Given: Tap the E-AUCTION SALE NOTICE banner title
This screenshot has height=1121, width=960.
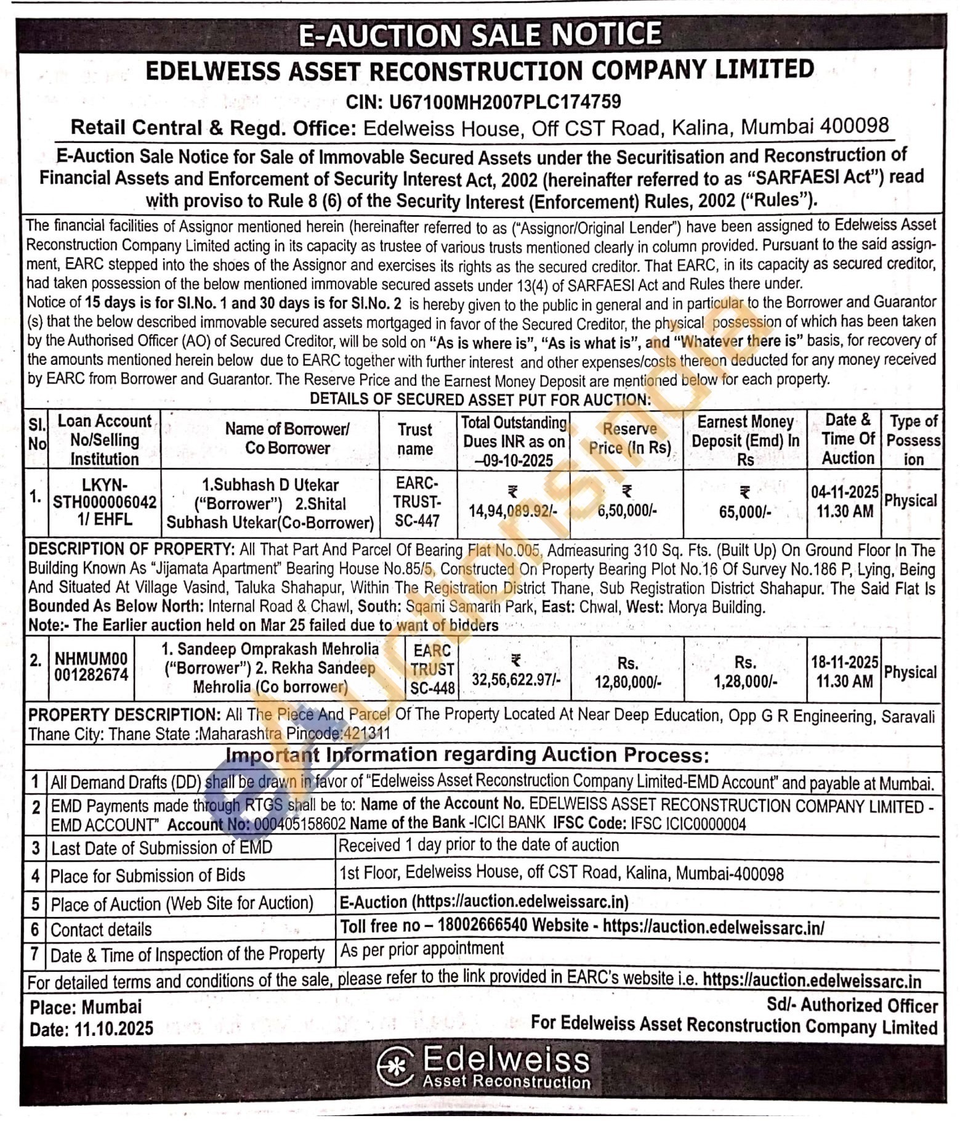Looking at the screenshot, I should point(480,35).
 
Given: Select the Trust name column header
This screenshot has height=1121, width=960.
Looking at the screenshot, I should point(414,439).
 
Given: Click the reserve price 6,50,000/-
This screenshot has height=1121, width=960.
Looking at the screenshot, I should point(627,511).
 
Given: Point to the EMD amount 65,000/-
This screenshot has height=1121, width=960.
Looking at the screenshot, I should point(744,512).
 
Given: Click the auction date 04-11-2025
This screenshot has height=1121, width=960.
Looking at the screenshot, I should point(844,492).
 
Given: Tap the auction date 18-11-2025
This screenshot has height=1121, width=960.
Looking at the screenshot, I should point(844,662).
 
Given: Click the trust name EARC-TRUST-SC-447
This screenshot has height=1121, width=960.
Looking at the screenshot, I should point(417,502).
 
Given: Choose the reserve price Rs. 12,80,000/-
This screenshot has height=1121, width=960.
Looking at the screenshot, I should point(627,682).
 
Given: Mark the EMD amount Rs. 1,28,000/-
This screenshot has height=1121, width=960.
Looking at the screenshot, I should point(745,682).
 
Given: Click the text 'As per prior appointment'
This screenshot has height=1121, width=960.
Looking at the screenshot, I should point(422,949).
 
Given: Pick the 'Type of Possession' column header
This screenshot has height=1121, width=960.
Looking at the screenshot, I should point(913,440).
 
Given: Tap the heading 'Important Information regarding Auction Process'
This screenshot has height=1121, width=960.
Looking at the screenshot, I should point(467,756).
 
